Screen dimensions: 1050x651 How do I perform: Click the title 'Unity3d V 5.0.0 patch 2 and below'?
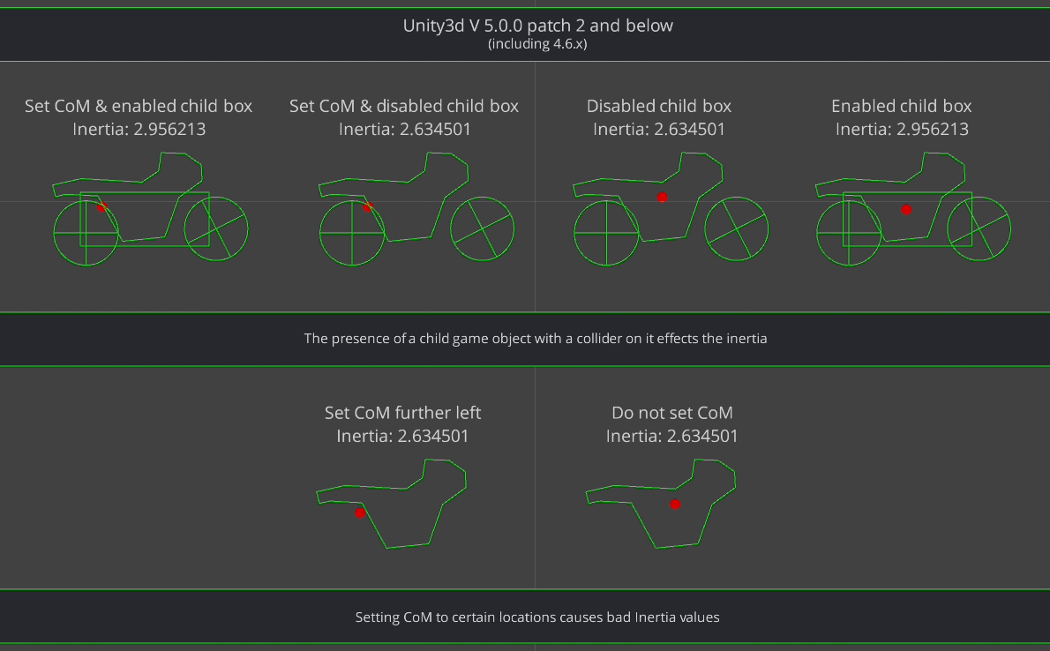537,26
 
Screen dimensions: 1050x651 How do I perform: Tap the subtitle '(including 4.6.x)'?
537,44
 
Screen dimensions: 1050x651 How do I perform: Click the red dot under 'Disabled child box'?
663,198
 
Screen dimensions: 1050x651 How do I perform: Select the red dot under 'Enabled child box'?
906,210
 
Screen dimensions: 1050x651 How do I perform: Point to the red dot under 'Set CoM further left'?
360,513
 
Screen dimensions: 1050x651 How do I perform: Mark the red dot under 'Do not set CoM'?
675,505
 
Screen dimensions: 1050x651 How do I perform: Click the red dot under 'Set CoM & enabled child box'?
101,207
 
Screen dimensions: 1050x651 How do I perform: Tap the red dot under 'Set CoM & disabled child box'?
367,207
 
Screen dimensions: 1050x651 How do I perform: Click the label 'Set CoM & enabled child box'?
139,106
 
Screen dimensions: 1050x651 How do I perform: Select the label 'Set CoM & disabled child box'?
404,106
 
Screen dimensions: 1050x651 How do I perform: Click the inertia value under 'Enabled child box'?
902,129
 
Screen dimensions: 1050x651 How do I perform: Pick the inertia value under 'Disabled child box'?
659,129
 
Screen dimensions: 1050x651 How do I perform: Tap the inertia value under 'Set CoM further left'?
402,436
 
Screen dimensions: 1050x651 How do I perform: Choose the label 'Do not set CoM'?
672,413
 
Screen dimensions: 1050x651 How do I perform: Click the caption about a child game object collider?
536,338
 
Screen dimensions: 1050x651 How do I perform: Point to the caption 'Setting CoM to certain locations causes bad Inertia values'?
537,617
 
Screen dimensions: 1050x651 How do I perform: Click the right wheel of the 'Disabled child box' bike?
768,229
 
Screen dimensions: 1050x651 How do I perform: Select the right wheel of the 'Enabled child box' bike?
1010,229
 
